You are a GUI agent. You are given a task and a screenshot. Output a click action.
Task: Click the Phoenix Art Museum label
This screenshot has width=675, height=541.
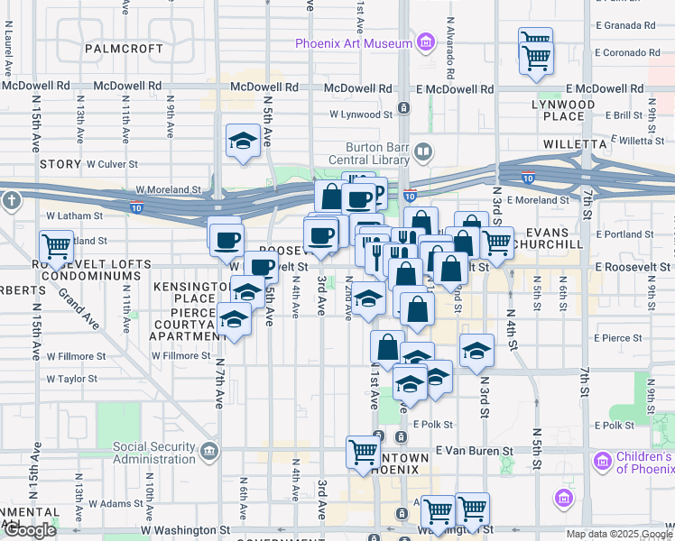coord(353,43)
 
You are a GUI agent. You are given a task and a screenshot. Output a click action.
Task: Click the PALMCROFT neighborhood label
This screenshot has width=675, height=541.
coord(125,48)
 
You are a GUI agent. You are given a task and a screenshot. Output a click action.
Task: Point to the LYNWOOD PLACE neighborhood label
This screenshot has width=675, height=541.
coord(588,110)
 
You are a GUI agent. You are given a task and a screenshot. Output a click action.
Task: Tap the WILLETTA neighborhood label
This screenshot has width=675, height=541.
coord(574,143)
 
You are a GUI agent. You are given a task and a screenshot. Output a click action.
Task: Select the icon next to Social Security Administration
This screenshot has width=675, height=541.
coord(210,449)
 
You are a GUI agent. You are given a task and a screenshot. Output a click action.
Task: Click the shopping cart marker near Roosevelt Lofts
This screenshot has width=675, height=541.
coord(57,244)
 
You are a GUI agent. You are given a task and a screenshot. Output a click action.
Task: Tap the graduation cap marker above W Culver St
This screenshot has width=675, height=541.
coord(242,140)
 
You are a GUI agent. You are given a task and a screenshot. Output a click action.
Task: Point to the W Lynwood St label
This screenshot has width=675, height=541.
coord(361,115)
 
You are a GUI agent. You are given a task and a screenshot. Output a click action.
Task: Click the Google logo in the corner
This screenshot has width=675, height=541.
coord(30,530)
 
